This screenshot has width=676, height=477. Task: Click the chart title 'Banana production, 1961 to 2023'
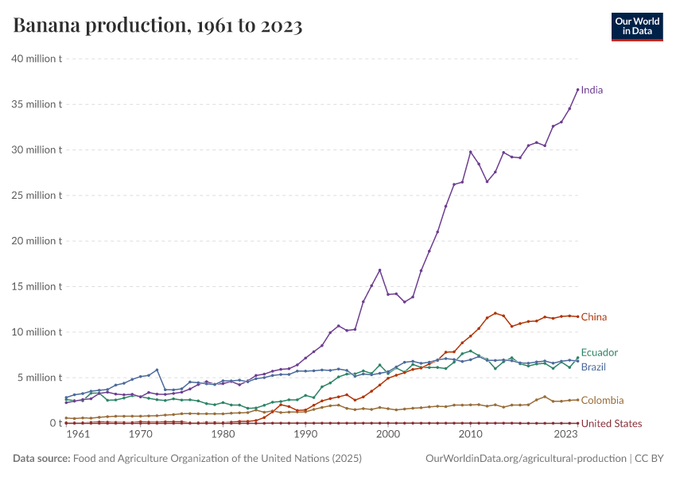pos(157,26)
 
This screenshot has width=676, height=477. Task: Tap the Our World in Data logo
pos(637,26)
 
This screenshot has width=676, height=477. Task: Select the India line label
pos(592,90)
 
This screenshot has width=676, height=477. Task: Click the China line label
pos(593,317)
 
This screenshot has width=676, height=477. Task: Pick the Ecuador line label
pos(599,352)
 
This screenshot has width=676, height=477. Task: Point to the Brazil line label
pos(594,367)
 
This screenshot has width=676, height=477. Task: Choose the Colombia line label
pos(602,401)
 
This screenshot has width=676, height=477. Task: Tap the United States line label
pos(611,424)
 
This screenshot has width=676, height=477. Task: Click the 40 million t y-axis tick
pos(37,59)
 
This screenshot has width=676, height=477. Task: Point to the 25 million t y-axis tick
pos(37,196)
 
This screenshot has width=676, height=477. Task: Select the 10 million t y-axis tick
pos(37,332)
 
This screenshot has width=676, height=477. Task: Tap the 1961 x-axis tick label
pos(78,435)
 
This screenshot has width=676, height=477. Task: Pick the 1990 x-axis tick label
pos(305,435)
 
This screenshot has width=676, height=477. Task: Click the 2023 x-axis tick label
pos(565,435)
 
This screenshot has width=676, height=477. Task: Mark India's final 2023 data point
pos(577,89)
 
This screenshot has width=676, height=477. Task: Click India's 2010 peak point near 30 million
pos(470,152)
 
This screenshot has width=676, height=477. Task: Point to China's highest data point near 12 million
pos(495,313)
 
